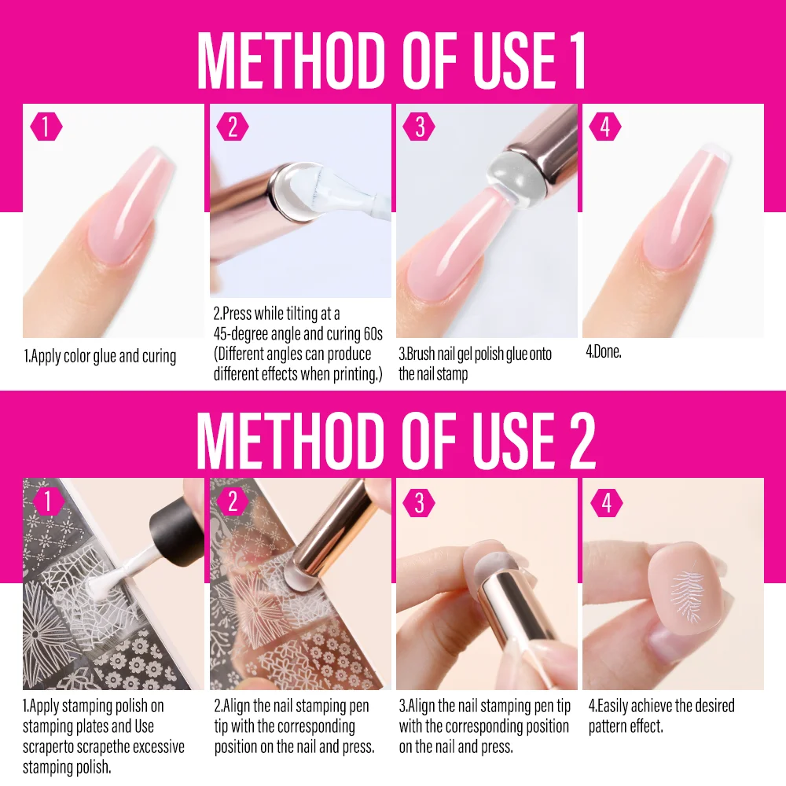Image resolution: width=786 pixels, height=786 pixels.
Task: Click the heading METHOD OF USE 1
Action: tap(391, 60)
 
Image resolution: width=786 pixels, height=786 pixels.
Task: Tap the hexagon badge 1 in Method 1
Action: tap(46, 127)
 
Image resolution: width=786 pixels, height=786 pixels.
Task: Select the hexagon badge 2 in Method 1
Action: tap(232, 127)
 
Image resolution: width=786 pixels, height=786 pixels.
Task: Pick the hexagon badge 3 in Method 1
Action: tap(419, 127)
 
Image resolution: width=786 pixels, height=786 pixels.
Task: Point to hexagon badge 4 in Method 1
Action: tap(605, 127)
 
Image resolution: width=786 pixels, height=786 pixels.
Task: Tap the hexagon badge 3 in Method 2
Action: tap(419, 502)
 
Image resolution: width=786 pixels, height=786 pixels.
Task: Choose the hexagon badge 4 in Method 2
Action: tap(605, 502)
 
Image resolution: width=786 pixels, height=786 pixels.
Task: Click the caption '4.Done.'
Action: tap(604, 352)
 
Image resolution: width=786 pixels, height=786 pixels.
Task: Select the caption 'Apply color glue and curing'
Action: tap(100, 356)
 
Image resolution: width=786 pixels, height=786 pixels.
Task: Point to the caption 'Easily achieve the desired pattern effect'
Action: tap(661, 714)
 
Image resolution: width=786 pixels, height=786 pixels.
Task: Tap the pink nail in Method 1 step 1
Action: tap(118, 212)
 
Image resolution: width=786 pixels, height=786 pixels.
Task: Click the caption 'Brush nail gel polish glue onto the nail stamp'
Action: tap(476, 364)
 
